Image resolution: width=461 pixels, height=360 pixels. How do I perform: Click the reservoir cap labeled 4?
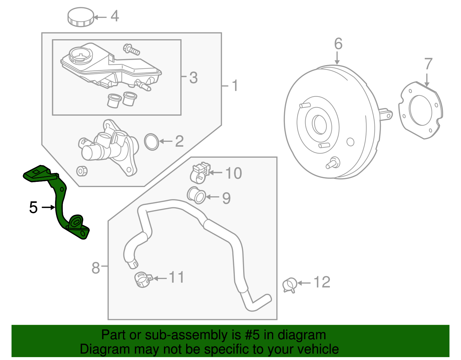[81, 17]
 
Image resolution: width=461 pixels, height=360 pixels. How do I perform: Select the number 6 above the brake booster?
[338, 44]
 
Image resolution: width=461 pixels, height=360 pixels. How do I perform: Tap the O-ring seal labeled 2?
[151, 142]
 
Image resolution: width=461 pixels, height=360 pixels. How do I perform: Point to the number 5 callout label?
[33, 208]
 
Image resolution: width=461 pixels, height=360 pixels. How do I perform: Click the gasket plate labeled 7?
[420, 111]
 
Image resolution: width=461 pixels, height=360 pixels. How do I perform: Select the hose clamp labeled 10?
[199, 173]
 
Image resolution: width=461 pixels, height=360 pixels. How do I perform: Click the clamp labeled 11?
[143, 279]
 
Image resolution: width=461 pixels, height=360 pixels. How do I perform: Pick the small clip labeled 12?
[290, 285]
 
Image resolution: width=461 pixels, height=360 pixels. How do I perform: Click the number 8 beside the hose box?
[96, 268]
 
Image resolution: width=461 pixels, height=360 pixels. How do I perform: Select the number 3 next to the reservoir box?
[193, 78]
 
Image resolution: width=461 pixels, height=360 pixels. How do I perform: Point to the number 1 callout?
[235, 86]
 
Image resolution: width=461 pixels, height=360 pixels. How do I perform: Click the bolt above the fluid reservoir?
[131, 49]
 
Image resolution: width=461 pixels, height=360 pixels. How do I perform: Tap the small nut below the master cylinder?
[82, 171]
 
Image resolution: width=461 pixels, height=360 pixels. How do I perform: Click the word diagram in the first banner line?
[302, 335]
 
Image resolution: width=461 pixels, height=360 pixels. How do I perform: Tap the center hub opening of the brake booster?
[319, 125]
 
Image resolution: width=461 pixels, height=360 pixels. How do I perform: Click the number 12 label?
[322, 282]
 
